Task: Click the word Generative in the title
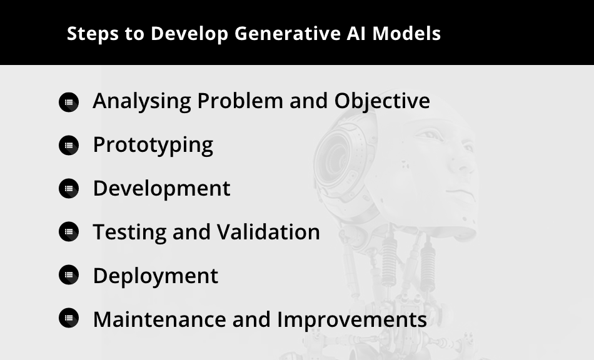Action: (x=288, y=33)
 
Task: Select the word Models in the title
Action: (x=406, y=33)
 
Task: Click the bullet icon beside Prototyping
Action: (x=69, y=146)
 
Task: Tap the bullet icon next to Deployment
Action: (x=69, y=275)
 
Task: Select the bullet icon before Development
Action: (x=69, y=189)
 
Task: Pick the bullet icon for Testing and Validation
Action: (x=69, y=232)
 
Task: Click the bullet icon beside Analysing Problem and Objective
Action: (x=69, y=102)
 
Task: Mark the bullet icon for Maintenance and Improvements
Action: (x=69, y=318)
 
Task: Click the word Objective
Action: (x=382, y=101)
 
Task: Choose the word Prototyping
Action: (x=153, y=146)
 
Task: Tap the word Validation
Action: (x=269, y=232)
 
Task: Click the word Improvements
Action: (x=352, y=320)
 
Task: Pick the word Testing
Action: (x=129, y=232)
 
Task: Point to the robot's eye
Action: (x=431, y=135)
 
